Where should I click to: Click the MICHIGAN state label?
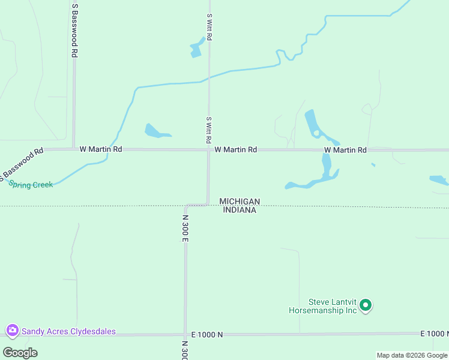coord(240,201)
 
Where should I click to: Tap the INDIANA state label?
coord(240,210)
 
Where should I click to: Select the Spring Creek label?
coord(31,185)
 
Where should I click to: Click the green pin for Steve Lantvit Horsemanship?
coord(366,306)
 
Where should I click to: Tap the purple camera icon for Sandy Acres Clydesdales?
coord(12,331)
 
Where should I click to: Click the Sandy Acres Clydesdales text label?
coord(68,331)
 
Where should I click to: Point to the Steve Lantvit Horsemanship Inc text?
coord(323,306)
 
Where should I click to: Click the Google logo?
coord(20,352)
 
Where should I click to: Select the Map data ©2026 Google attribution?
coord(412,355)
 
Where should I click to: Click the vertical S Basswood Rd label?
coord(74,30)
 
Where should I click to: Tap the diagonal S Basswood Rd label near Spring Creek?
coord(22,163)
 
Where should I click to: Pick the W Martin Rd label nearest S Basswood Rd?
coord(101,149)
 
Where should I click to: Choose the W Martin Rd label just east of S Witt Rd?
coord(235,149)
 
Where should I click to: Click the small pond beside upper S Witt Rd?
coord(196,49)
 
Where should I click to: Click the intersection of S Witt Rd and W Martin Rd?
coord(209,149)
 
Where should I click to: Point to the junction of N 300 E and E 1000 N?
coord(185,334)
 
